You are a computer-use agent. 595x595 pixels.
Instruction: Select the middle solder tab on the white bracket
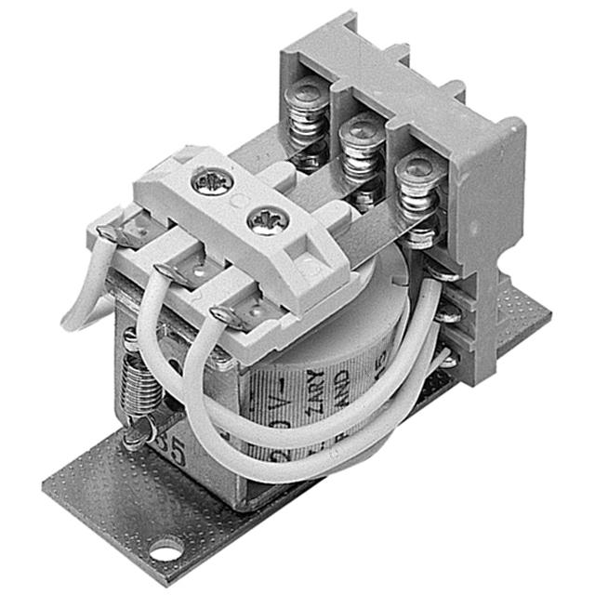[x=172, y=272]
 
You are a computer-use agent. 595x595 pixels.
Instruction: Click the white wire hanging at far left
[x=79, y=297]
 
